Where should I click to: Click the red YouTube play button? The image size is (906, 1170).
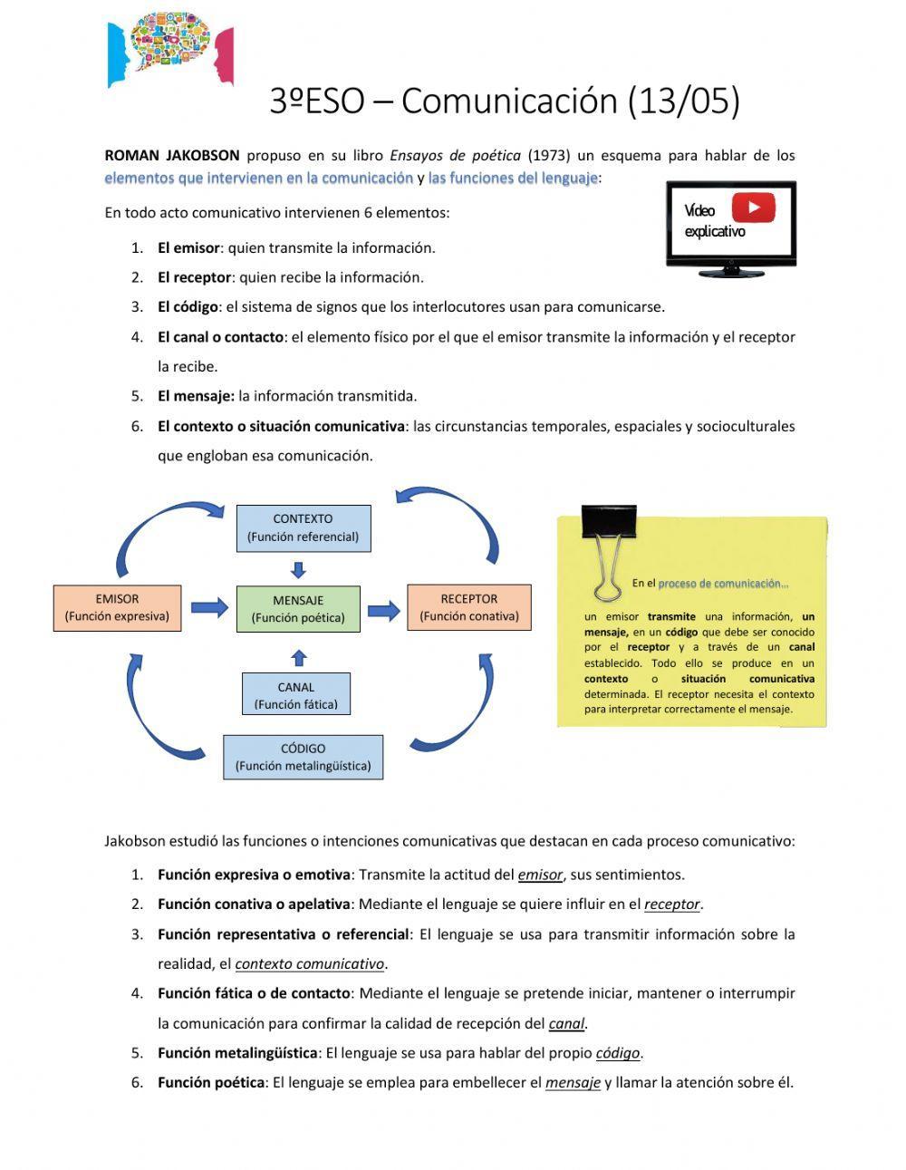point(753,208)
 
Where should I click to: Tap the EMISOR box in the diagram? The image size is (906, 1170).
point(117,607)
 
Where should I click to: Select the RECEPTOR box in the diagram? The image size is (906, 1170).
point(468,607)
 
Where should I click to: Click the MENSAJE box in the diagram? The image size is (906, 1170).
point(298,608)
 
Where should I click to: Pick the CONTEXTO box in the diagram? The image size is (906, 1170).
point(303,527)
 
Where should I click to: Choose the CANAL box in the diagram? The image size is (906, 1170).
point(296,695)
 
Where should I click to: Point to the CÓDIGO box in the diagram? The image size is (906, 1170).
point(303,757)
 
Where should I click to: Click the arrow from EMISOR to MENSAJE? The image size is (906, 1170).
point(209,607)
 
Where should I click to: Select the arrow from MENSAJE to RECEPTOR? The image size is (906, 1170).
point(383,610)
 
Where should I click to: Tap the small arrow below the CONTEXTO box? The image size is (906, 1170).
point(299,569)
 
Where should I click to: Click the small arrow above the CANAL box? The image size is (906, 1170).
point(299,657)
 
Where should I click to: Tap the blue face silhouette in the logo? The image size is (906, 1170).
point(118,56)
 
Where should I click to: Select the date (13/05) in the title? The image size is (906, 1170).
point(684,101)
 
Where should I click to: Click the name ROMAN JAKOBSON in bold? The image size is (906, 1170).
point(172,155)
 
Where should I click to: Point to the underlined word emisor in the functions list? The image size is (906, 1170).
point(540,875)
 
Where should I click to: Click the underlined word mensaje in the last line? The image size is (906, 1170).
point(573,1082)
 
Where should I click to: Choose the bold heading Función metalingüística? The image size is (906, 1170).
point(237,1052)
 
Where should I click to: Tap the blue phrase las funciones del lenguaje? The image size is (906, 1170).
point(513,178)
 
